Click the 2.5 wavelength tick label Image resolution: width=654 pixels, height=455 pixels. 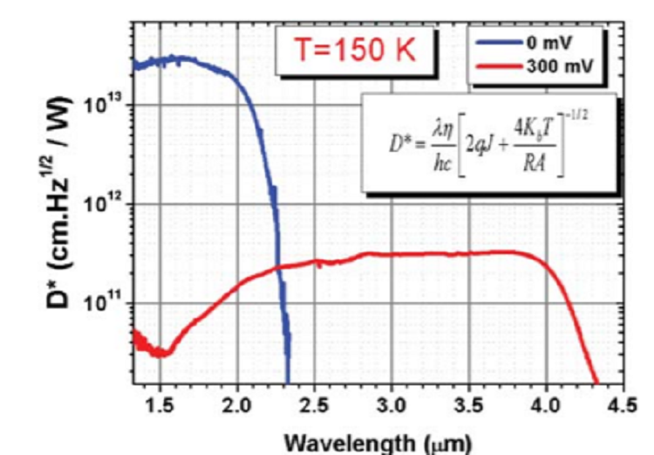tap(314, 406)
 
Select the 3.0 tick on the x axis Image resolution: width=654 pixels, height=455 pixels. tap(392, 406)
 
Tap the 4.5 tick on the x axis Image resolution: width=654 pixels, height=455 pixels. tap(622, 406)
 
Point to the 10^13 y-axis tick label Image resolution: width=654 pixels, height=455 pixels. tap(104, 106)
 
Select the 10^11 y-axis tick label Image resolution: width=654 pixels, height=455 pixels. tap(104, 303)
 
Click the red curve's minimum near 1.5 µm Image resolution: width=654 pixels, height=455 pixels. tap(157, 354)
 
